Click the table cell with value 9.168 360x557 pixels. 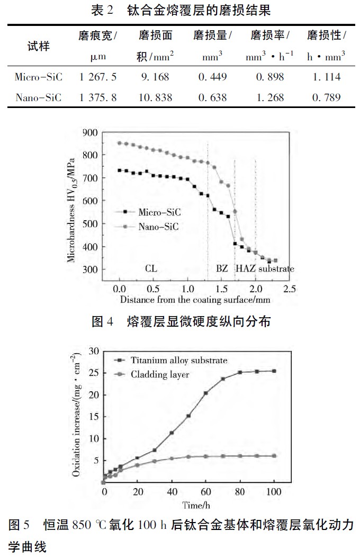click(154, 77)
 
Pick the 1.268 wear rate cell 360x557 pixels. click(269, 97)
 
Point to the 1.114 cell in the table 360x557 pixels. click(327, 77)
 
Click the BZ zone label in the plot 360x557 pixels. click(222, 268)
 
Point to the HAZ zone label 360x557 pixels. click(246, 268)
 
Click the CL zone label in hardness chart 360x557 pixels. click(151, 268)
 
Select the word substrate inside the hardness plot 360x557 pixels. click(276, 269)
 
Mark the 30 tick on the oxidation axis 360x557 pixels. click(95, 351)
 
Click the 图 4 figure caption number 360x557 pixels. click(103, 321)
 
